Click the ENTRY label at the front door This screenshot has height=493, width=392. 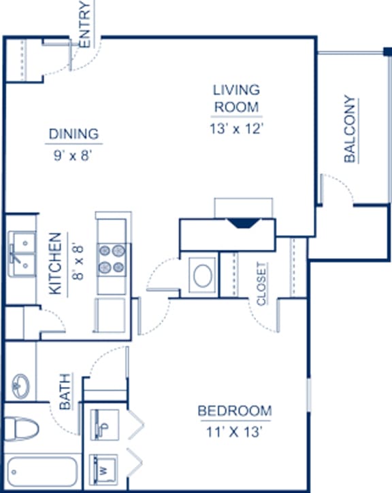(85, 24)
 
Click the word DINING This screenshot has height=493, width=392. (73, 134)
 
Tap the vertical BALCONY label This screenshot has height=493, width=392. (350, 130)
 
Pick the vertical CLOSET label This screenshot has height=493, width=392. (261, 284)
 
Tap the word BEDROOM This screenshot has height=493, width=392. (234, 411)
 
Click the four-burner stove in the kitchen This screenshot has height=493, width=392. (112, 259)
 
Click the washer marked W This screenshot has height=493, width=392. (105, 468)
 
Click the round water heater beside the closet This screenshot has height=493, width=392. (202, 276)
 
